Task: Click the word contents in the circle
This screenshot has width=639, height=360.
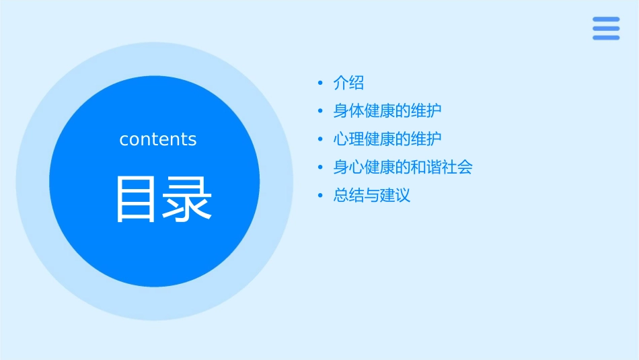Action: [x=158, y=139]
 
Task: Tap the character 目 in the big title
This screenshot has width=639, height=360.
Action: [x=137, y=199]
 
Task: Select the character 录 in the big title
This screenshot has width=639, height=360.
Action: [x=187, y=199]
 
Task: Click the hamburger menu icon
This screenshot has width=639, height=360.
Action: [x=605, y=28]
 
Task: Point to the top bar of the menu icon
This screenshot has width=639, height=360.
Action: [x=605, y=20]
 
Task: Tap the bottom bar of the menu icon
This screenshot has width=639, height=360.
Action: [x=605, y=38]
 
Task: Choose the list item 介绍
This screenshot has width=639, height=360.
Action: [x=348, y=83]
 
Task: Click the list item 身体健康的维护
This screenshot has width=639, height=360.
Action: [x=387, y=111]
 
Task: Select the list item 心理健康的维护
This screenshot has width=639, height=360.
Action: [x=387, y=139]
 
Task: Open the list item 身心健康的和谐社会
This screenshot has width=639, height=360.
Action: [x=403, y=167]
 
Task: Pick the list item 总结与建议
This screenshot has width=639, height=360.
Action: [x=372, y=196]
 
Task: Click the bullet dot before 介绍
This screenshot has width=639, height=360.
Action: [x=320, y=83]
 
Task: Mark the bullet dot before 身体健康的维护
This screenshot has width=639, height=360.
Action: [x=320, y=112]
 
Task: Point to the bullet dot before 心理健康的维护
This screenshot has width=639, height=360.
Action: [x=320, y=140]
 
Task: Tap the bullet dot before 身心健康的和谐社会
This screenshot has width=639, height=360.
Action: [x=320, y=168]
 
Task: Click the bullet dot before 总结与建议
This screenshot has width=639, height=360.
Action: [x=320, y=196]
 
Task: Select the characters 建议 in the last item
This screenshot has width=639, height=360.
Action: [x=395, y=196]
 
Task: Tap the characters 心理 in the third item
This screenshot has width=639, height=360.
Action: [x=348, y=139]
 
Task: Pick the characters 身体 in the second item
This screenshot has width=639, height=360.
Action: [x=348, y=111]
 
